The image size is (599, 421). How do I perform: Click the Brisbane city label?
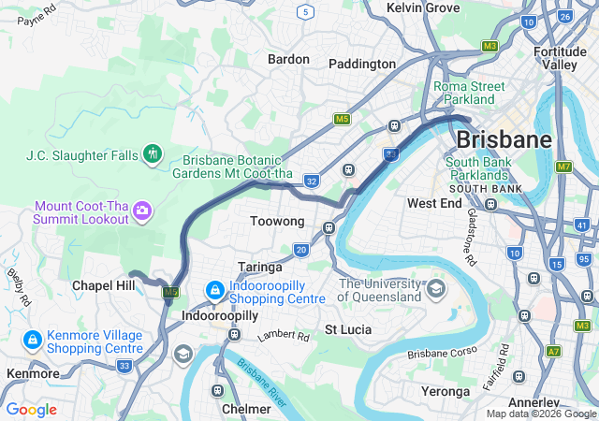click(504, 139)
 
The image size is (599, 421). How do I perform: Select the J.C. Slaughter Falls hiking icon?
click(152, 153)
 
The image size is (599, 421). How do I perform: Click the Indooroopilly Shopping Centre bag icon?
click(214, 291)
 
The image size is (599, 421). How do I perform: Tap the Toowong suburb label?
click(278, 222)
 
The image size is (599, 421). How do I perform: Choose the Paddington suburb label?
click(362, 64)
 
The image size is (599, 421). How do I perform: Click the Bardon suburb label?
click(288, 59)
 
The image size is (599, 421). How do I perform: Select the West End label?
click(434, 203)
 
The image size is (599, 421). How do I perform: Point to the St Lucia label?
click(348, 330)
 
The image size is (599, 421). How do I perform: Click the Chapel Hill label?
click(103, 284)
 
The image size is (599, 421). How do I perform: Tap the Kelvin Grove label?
click(422, 7)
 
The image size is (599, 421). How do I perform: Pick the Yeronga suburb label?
click(446, 391)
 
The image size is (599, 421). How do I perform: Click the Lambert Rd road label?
click(283, 334)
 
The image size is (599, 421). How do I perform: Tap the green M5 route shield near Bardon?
click(342, 120)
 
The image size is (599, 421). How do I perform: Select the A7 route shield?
click(554, 352)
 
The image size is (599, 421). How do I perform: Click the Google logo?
click(31, 410)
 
